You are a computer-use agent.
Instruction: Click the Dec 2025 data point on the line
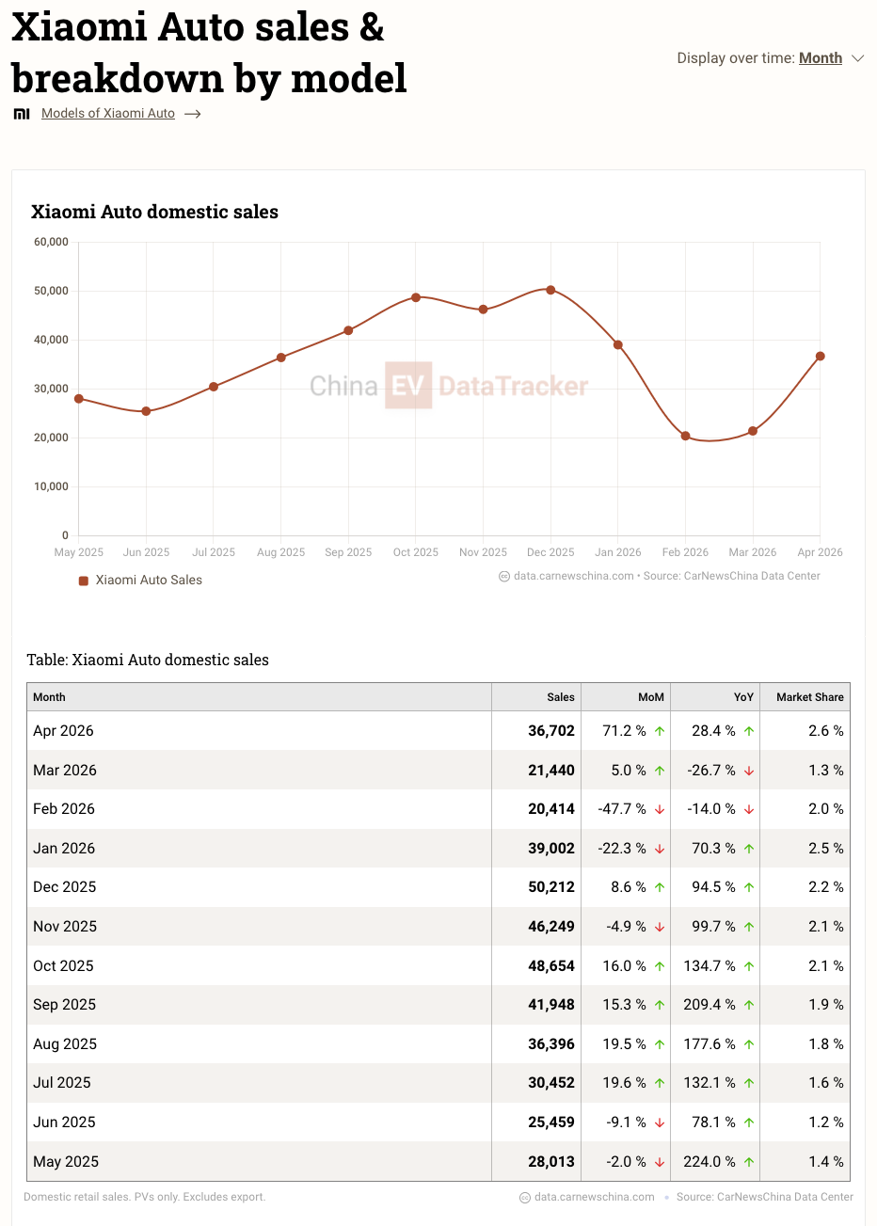[x=550, y=290]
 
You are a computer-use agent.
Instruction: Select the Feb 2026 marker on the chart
[x=685, y=436]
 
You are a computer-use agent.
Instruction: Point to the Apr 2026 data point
[x=820, y=357]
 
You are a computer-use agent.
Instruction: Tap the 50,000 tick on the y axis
[x=51, y=291]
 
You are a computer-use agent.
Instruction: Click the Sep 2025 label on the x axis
[x=348, y=552]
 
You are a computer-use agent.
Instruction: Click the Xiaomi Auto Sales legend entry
[x=141, y=581]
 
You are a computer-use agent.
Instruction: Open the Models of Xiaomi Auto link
[x=108, y=113]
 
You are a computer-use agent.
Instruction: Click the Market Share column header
[x=809, y=697]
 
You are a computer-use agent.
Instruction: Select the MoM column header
[x=650, y=697]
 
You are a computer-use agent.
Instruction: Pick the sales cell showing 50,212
[x=550, y=887]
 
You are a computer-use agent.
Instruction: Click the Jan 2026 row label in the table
[x=64, y=849]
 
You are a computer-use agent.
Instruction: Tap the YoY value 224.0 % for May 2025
[x=709, y=1161]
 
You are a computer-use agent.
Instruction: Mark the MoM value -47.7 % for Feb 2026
[x=621, y=809]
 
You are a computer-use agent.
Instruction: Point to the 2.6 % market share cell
[x=825, y=731]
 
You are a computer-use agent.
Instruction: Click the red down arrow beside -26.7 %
[x=749, y=771]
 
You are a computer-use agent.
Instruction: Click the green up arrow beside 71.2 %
[x=660, y=731]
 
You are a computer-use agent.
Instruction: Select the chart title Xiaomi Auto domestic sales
[x=154, y=212]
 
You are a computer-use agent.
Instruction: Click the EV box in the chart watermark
[x=408, y=386]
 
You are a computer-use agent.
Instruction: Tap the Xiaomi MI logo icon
[x=22, y=114]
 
